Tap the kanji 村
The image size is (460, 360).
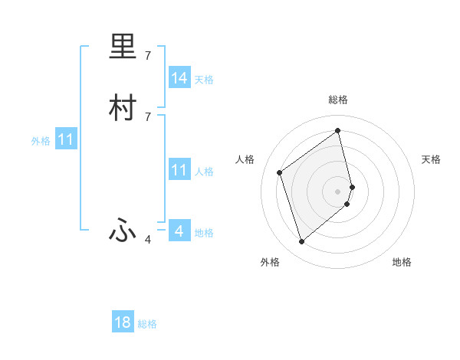(123, 107)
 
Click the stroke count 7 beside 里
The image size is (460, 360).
(148, 56)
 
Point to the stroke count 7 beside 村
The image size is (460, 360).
(148, 116)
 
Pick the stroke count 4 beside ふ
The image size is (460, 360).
(148, 241)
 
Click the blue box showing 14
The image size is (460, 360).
(179, 78)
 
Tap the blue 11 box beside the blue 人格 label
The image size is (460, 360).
(179, 170)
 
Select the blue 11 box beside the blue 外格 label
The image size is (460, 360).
(66, 140)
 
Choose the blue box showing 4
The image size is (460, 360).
(179, 231)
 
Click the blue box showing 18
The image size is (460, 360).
(123, 322)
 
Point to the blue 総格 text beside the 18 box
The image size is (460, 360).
(147, 324)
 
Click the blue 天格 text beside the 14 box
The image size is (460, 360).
(204, 80)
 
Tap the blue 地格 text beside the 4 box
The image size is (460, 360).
(204, 233)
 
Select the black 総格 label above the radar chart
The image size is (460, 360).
(338, 100)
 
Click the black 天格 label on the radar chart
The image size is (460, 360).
(432, 159)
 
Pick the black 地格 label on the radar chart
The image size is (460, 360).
(402, 262)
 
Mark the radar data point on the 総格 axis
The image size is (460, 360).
(338, 131)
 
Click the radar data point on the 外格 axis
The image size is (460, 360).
(301, 242)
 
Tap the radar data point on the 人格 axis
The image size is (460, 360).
(280, 172)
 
